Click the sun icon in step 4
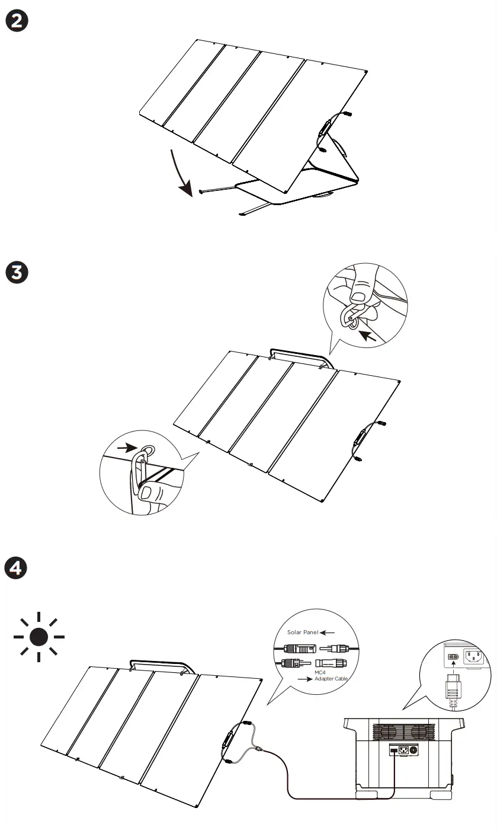pos(39,637)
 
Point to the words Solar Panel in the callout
pos(303,633)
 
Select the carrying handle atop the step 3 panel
pos(299,355)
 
